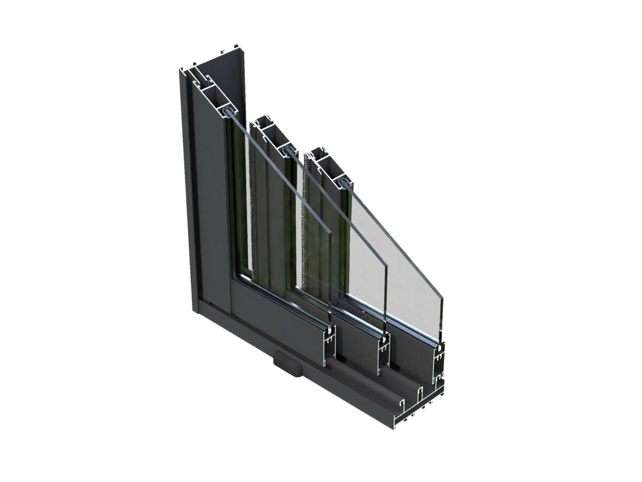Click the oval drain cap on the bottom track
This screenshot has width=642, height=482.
click(x=287, y=362)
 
